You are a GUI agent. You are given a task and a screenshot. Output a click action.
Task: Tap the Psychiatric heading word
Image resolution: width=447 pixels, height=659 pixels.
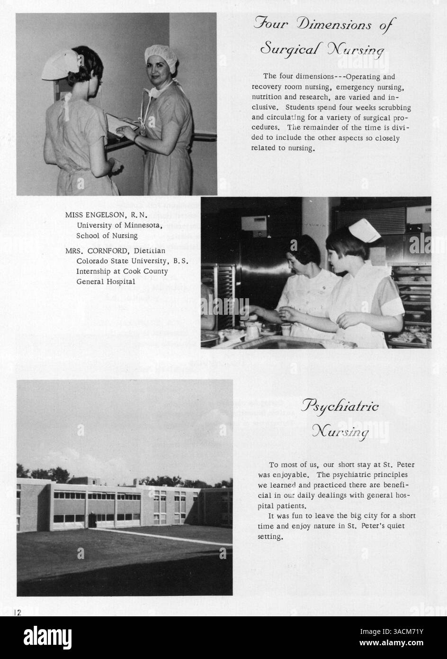point(340,407)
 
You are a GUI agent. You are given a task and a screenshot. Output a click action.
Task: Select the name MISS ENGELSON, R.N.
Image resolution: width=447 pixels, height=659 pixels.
point(107,214)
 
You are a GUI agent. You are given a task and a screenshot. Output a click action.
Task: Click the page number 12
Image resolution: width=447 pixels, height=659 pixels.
point(17,612)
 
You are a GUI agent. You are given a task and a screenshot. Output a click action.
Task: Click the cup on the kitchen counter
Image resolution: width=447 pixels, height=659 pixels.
point(286,329)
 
